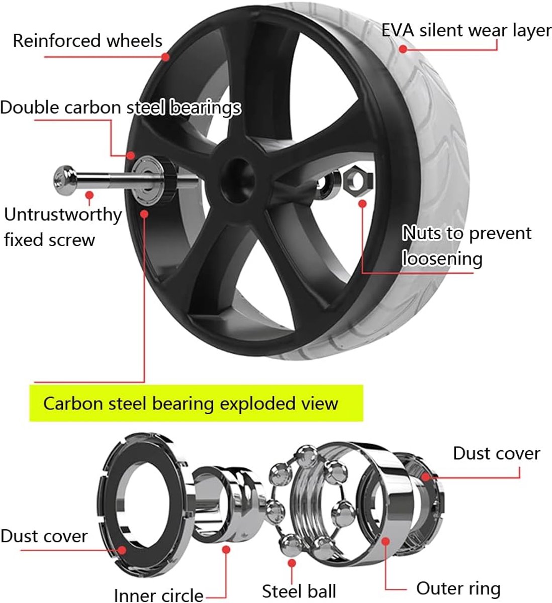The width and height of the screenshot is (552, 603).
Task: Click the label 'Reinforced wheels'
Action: click(87, 41)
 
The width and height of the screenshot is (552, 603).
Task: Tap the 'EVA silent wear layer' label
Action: click(467, 31)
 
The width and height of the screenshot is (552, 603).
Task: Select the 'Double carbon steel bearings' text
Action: click(121, 108)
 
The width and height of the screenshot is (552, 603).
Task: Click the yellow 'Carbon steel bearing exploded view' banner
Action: click(196, 403)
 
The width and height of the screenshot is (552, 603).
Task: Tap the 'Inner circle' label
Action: click(159, 595)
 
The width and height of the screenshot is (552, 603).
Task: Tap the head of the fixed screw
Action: click(64, 180)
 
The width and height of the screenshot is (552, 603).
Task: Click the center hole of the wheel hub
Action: click(239, 180)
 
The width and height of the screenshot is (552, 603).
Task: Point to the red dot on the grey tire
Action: click(403, 49)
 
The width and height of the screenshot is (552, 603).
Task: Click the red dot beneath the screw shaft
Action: click(89, 195)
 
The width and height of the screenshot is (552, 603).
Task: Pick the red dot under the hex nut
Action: click(363, 204)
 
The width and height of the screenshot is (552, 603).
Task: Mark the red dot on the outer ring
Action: click(386, 541)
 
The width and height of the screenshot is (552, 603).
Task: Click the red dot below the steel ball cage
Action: click(292, 563)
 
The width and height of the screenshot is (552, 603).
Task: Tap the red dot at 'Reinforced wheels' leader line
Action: click(165, 56)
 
